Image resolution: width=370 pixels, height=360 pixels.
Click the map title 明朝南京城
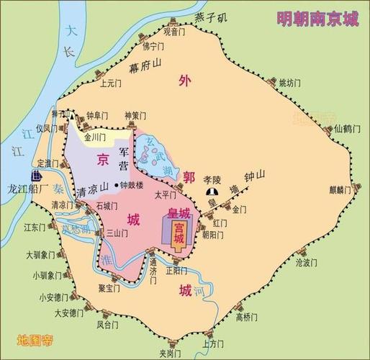pyautogui.click(x=317, y=18)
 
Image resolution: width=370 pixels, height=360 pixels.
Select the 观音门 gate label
pyautogui.click(x=175, y=32)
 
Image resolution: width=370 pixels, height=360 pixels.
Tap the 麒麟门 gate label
pyautogui.click(x=340, y=190)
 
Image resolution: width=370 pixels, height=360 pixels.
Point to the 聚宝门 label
pyautogui.click(x=111, y=287)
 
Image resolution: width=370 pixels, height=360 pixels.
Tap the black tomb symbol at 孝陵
pyautogui.click(x=212, y=192)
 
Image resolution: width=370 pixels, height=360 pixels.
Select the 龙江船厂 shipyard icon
pyautogui.click(x=35, y=176)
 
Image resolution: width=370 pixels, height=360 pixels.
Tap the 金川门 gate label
pyautogui.click(x=96, y=135)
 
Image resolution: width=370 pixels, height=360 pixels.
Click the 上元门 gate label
pyautogui.click(x=112, y=83)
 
